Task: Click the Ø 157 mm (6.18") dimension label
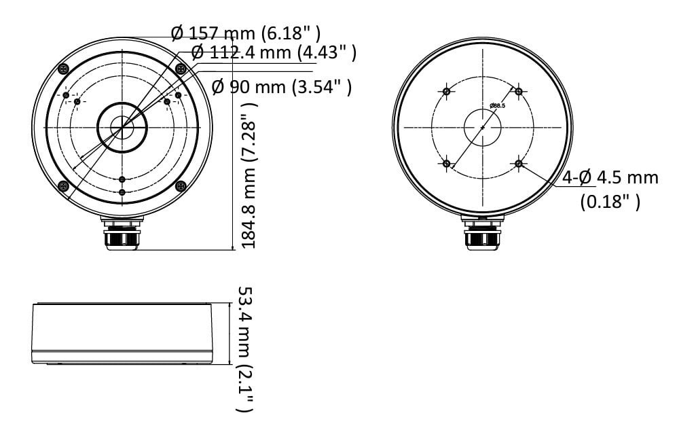coord(246,33)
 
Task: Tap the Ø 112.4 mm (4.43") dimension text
coord(274,52)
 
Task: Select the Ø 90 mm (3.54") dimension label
coord(282,86)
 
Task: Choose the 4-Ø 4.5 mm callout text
coord(610,177)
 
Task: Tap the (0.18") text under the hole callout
coord(610,202)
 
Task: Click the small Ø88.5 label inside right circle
coord(497,105)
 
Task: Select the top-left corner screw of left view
coord(64,69)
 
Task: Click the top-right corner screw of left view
coord(181,69)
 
